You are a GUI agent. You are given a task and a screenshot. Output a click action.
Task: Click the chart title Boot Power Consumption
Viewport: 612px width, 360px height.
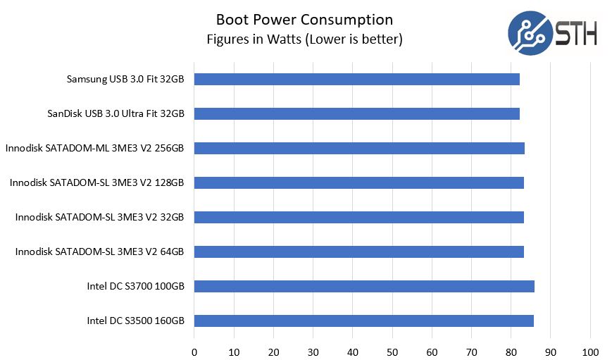[304, 19]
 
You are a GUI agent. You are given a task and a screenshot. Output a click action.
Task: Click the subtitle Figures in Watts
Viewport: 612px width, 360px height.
[304, 39]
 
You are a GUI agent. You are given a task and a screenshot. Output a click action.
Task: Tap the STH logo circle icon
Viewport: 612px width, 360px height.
[530, 32]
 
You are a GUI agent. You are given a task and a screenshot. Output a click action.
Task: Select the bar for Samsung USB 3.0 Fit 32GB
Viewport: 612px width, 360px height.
[356, 79]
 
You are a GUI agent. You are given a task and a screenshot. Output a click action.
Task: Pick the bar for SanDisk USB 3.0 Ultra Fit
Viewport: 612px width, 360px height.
[356, 113]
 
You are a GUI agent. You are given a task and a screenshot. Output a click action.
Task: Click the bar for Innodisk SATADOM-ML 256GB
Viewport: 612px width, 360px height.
[359, 148]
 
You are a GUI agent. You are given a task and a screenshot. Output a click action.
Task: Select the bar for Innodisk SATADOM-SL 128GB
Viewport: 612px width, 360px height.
[358, 182]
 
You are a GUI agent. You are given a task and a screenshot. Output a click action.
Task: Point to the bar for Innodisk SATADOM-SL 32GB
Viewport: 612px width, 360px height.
[358, 217]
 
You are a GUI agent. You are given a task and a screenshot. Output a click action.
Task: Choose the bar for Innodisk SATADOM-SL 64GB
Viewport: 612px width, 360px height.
[358, 252]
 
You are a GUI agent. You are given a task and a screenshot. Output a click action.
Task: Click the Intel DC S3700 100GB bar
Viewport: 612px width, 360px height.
[364, 286]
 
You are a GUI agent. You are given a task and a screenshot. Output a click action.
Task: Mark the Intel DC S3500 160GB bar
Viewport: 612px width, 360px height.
[363, 321]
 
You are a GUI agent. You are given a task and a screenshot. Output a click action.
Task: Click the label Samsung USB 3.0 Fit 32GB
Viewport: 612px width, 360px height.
[125, 79]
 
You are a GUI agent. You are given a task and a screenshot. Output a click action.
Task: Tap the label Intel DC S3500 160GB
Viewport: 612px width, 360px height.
[136, 321]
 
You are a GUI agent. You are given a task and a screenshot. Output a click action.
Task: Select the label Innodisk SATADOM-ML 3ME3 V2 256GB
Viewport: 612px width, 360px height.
[94, 148]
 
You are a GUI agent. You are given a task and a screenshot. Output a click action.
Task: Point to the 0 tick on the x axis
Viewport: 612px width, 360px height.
[194, 351]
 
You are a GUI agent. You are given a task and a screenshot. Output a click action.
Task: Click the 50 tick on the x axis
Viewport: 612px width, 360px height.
[392, 351]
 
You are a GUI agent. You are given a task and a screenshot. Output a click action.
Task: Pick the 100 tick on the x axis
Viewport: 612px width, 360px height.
[590, 351]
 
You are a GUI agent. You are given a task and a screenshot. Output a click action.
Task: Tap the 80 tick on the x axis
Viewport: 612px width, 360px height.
[511, 351]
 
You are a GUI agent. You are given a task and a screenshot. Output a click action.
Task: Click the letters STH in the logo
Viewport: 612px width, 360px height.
[575, 33]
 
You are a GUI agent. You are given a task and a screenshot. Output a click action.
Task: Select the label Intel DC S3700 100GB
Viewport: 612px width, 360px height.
[136, 287]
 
